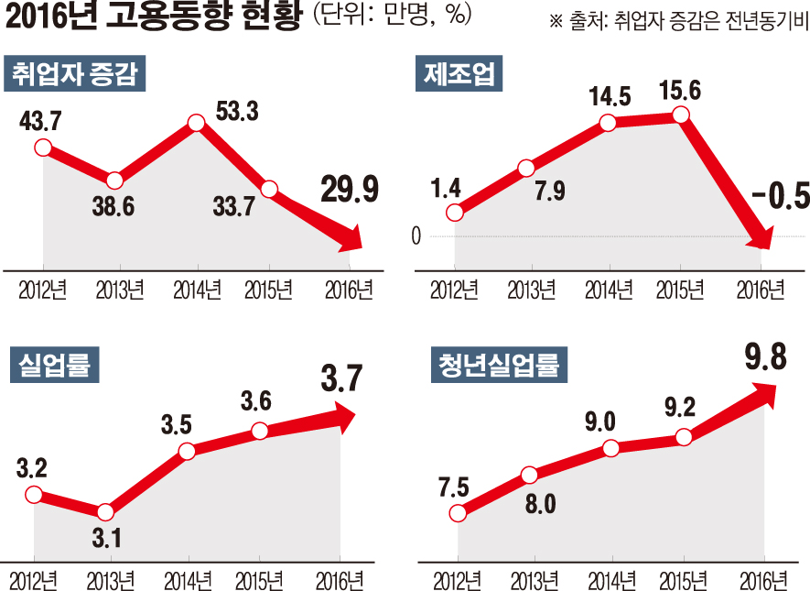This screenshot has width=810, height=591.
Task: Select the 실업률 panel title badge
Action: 54,366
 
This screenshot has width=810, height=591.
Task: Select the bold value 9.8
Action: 765,356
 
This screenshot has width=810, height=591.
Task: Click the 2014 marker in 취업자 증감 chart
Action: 195,123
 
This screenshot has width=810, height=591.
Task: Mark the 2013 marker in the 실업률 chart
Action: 105,512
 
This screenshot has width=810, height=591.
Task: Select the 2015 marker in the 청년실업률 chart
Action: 684,437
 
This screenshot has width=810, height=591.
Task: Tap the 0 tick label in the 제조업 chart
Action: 416,236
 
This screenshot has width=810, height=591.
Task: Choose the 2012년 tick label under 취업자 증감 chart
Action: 41,290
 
